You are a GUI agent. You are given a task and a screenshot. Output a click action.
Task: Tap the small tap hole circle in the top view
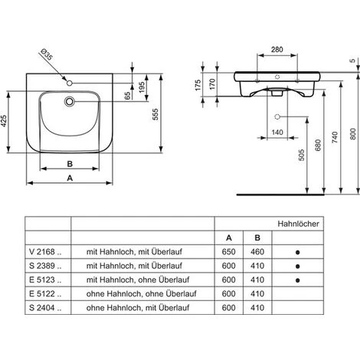pos(70,81)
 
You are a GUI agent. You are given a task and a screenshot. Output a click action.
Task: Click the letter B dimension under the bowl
pos(70,163)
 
